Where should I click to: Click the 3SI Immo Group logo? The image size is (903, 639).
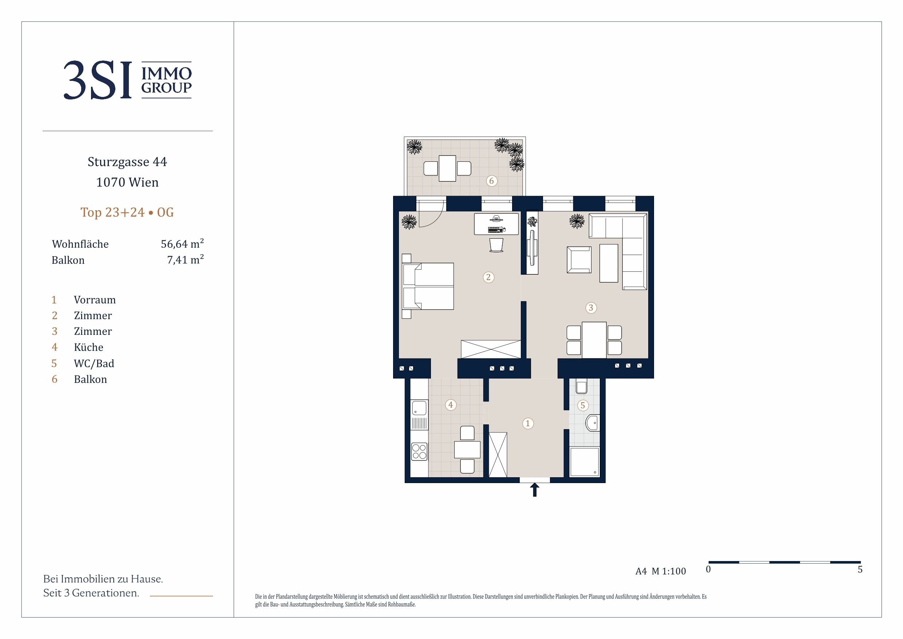127,80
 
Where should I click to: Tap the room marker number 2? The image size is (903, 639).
488,277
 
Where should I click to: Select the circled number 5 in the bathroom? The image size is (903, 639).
583,405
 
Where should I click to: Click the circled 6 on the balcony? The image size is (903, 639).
492,181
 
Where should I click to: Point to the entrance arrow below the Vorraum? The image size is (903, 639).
535,490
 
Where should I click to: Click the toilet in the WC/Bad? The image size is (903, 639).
581,386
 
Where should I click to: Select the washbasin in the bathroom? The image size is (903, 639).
592,423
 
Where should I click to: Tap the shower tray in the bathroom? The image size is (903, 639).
585,462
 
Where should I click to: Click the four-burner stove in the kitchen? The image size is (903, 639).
419,452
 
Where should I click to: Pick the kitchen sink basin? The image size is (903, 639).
419,408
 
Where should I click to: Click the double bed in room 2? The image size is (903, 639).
428,286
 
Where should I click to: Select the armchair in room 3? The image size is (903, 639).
579,260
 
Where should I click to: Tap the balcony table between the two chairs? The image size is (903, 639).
447,169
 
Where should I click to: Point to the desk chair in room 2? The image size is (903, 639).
496,245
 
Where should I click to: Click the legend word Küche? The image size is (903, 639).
88,347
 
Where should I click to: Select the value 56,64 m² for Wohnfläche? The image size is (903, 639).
182,244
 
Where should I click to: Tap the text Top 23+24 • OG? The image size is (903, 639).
127,212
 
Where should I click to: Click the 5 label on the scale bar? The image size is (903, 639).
860,569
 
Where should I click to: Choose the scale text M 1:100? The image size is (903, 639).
669,571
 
